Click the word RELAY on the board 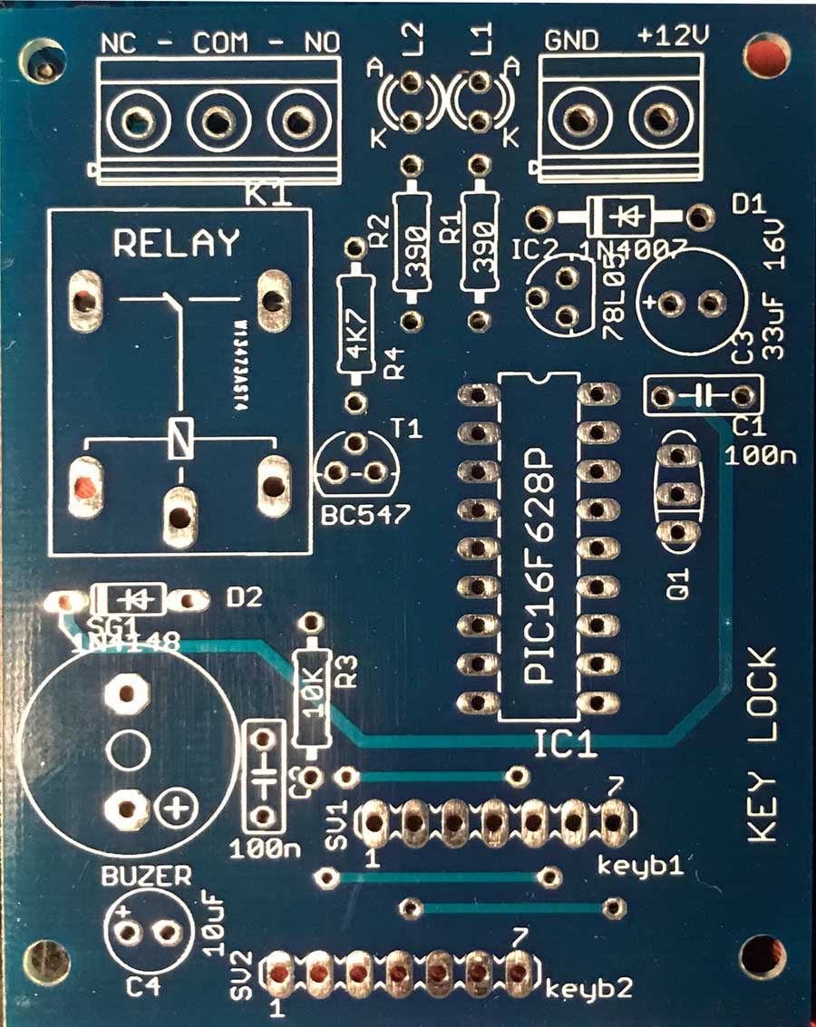click(x=176, y=243)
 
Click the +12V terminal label click(x=673, y=37)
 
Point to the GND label click(x=570, y=40)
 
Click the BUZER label click(x=146, y=877)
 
